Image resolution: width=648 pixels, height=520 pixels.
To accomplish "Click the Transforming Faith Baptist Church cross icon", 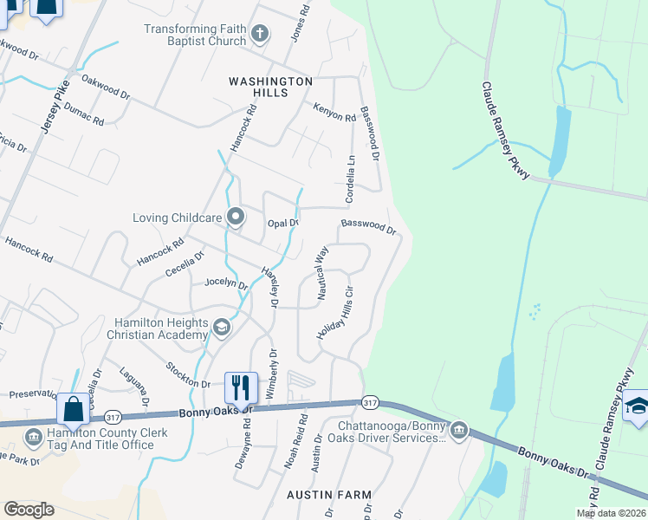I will pyautogui.click(x=259, y=35).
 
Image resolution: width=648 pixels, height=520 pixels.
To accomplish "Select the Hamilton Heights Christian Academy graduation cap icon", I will pyautogui.click(x=221, y=328).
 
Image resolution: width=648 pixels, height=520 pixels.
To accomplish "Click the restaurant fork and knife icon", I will pyautogui.click(x=241, y=387).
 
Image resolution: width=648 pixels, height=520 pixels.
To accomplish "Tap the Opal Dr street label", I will pyautogui.click(x=282, y=223).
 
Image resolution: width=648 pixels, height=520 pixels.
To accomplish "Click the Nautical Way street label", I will pyautogui.click(x=322, y=272).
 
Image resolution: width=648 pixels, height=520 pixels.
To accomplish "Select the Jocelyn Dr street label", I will pyautogui.click(x=225, y=283).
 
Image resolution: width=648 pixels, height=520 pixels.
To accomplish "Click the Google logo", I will pyautogui.click(x=29, y=510).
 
